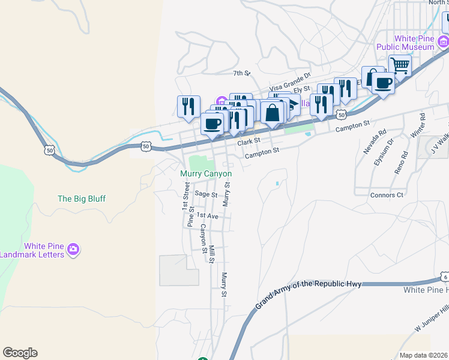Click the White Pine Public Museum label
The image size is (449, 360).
(405, 42)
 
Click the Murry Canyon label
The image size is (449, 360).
(206, 173)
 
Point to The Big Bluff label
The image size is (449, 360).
(81, 198)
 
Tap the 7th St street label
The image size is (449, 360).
(241, 73)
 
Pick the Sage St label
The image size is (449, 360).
(205, 194)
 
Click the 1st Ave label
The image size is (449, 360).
(207, 215)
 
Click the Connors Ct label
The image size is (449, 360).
(387, 196)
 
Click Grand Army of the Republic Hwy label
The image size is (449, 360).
(309, 293)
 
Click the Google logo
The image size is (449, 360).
(20, 353)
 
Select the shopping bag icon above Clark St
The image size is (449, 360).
(273, 112)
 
